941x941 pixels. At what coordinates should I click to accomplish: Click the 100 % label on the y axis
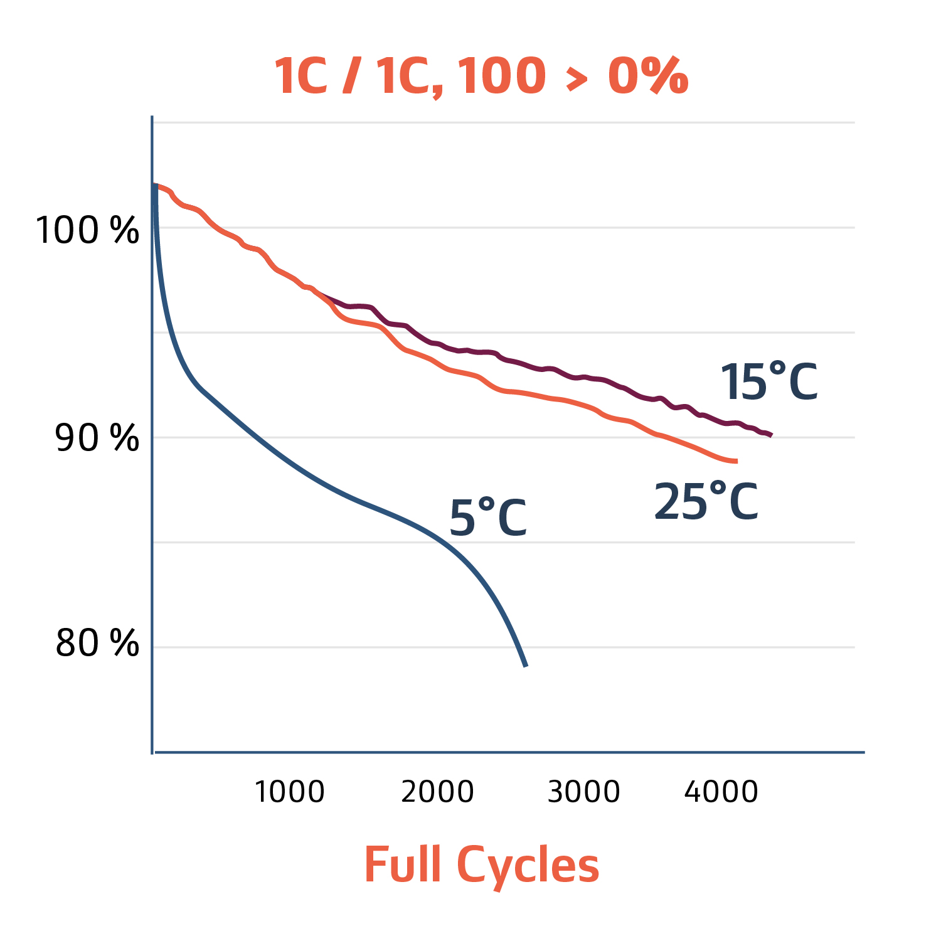tap(87, 230)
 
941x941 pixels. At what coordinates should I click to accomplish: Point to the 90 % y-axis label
tap(97, 437)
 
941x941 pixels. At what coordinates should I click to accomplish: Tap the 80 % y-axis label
tap(97, 643)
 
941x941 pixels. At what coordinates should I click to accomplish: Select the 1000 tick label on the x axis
tap(289, 792)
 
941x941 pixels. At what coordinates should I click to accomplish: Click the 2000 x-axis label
tap(437, 792)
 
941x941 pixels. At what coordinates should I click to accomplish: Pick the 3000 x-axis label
tap(583, 792)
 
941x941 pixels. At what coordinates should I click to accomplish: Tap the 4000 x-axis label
tap(721, 792)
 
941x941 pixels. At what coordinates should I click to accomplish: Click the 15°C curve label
tap(768, 382)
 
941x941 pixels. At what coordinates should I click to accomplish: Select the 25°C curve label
tap(706, 502)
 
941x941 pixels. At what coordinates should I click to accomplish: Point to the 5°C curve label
tap(488, 518)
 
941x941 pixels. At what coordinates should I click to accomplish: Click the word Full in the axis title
tap(403, 864)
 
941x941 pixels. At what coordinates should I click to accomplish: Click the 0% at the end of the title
tap(647, 76)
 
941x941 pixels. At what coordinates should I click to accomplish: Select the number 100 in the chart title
tap(501, 76)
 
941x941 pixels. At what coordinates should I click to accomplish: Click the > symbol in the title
tap(577, 79)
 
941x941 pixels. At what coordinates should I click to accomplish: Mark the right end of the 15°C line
tap(771, 435)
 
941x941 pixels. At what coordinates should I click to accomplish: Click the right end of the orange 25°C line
tap(736, 461)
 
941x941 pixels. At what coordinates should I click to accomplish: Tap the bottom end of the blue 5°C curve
tap(526, 666)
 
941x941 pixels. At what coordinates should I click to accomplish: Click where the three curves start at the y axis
tap(154, 185)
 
